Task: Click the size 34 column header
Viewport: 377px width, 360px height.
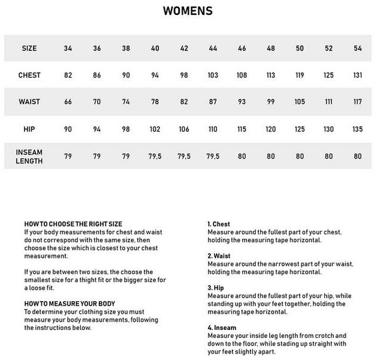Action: point(68,48)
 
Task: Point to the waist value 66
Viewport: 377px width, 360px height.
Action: point(68,101)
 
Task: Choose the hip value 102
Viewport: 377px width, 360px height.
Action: point(155,128)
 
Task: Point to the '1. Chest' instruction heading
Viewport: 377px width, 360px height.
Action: point(220,224)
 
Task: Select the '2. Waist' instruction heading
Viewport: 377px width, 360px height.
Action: point(220,255)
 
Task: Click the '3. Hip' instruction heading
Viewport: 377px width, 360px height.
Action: point(217,287)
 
